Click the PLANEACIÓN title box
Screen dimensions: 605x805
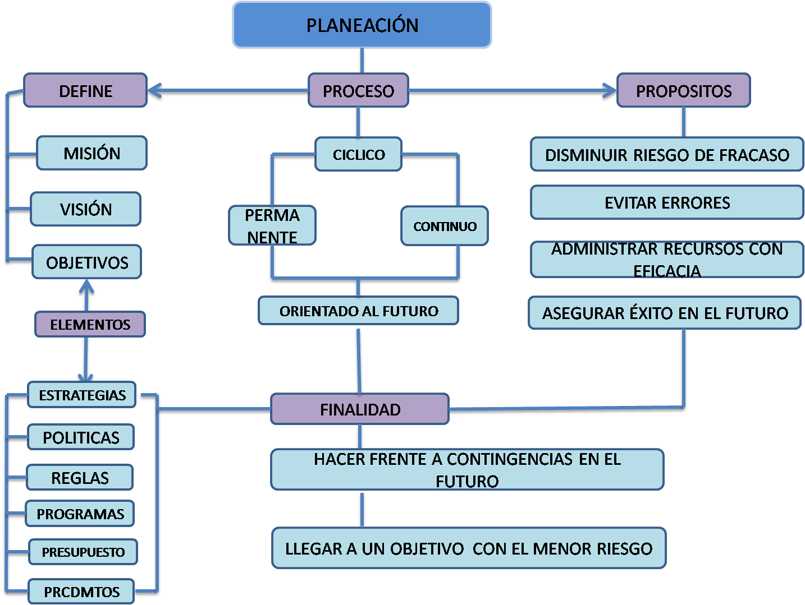point(362,25)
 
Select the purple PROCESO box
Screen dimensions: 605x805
point(358,91)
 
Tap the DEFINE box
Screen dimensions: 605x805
point(85,91)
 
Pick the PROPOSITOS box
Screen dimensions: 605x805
point(683,91)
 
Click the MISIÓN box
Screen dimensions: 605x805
point(92,153)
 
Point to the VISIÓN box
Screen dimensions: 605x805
point(85,209)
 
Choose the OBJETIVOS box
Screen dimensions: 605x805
point(87,262)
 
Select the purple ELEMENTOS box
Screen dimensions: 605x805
point(90,325)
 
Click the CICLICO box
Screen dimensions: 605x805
point(359,154)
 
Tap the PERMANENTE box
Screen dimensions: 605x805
point(272,226)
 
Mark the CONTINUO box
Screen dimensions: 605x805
point(445,226)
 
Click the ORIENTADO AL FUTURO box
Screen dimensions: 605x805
point(359,311)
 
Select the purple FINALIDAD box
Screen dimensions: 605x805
point(360,409)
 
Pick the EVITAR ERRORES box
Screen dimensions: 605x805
point(667,202)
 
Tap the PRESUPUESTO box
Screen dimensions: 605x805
point(83,552)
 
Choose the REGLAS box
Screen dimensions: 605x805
point(80,478)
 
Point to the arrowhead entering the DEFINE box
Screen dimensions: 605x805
point(155,91)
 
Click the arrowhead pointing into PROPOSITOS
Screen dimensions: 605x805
point(609,91)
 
